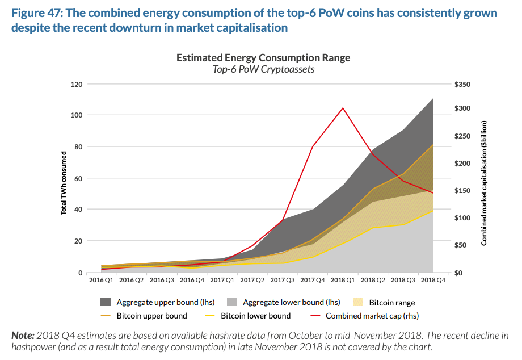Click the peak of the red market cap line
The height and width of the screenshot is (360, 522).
[x=343, y=108]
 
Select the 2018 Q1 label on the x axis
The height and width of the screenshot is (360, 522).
[x=343, y=280]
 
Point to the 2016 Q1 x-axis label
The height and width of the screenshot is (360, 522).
[x=100, y=280]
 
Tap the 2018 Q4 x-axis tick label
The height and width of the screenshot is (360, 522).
[x=433, y=280]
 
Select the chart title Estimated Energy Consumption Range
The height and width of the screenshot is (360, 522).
[x=263, y=58]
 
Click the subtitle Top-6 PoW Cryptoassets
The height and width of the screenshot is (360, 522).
[x=263, y=69]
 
